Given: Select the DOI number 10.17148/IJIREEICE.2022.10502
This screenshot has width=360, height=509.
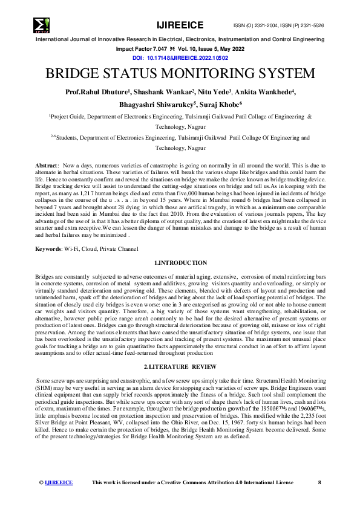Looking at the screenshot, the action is click(188, 57).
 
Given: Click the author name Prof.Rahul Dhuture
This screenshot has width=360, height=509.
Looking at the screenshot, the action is click(96, 92).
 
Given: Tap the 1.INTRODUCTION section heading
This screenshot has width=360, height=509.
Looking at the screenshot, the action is click(180, 263).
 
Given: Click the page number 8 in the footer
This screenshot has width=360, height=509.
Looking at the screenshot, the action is click(319, 482).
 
